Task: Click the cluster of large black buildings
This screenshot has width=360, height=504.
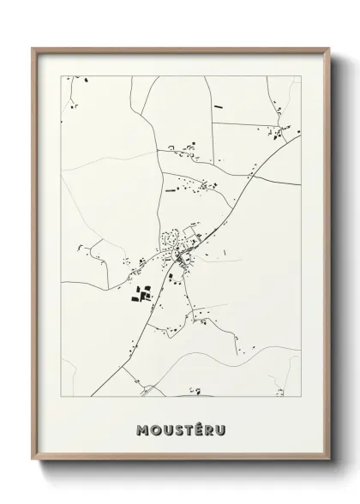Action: pyautogui.click(x=141, y=294)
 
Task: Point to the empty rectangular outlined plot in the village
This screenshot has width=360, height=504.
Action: pyautogui.click(x=190, y=231)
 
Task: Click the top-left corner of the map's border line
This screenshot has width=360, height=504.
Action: pyautogui.click(x=61, y=75)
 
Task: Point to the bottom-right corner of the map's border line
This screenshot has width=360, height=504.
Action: pyautogui.click(x=300, y=398)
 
